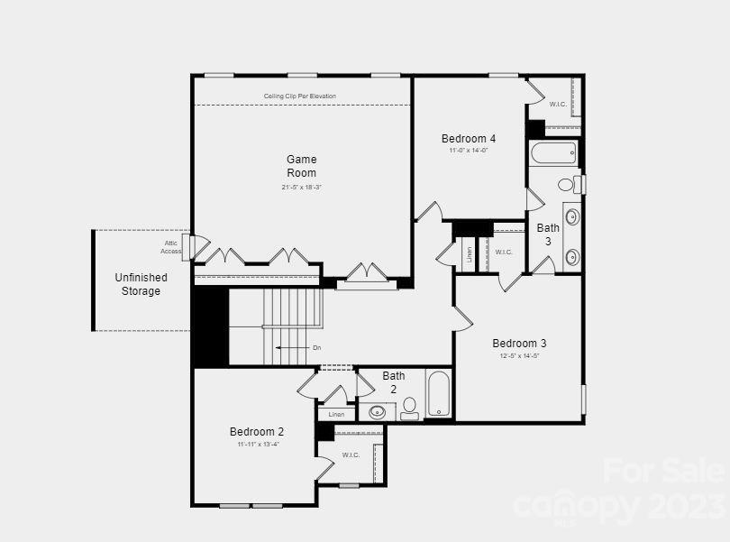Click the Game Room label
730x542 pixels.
[x=302, y=166]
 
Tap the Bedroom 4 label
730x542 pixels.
[x=469, y=139]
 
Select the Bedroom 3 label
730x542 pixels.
[x=519, y=344]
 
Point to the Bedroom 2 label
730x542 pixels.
[x=257, y=432]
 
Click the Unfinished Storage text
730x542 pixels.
[x=141, y=284]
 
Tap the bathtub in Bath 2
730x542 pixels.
[x=438, y=393]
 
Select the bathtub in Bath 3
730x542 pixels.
[x=553, y=152]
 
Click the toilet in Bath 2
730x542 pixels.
[x=410, y=408]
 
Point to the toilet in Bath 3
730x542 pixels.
[x=568, y=185]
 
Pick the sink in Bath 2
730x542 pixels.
[x=378, y=412]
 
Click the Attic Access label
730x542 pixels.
[x=171, y=247]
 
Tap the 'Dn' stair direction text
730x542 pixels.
[x=316, y=348]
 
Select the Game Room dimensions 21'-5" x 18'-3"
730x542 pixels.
[x=302, y=187]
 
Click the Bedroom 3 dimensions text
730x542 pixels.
[x=519, y=356]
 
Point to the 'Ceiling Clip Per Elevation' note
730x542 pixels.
[x=300, y=96]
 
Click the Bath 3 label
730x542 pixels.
[x=548, y=234]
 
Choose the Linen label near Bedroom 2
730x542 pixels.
[x=336, y=414]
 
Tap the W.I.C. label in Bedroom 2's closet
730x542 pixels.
[x=351, y=455]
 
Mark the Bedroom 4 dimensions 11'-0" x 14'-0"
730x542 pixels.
[x=469, y=151]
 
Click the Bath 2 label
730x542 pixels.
[x=394, y=382]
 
